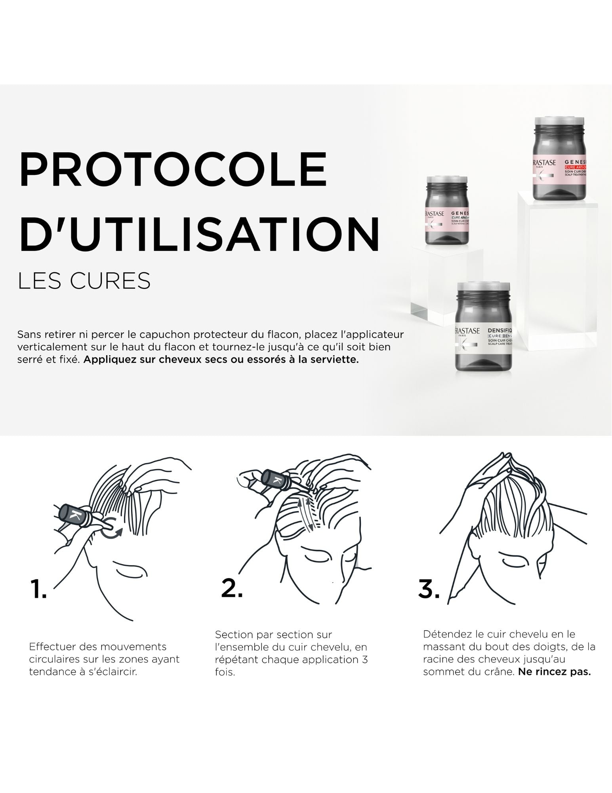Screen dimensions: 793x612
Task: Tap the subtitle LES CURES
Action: click(84, 281)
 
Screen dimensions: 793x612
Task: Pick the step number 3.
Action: click(429, 588)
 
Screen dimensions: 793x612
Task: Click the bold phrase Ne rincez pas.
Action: click(554, 672)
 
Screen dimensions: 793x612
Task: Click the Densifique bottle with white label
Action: click(484, 328)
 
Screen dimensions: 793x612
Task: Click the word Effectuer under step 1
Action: click(53, 647)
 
